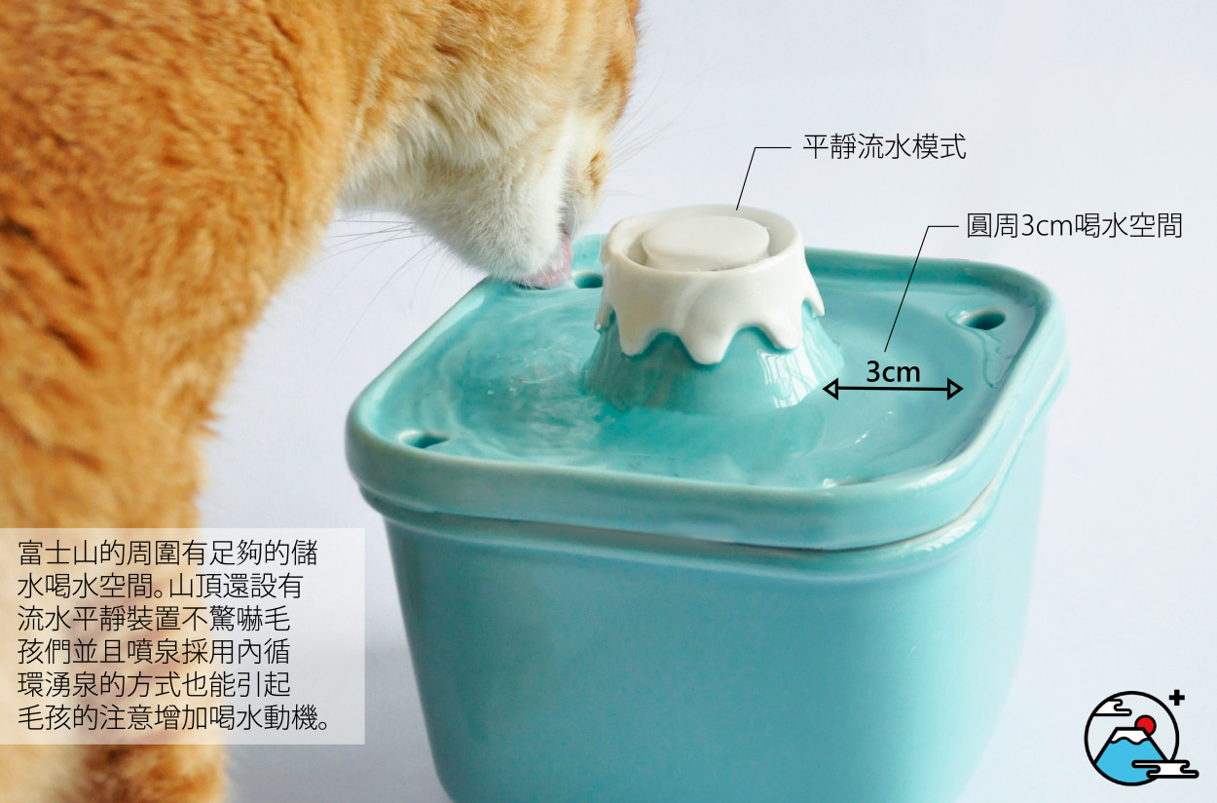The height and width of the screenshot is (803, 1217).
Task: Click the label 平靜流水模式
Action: tap(884, 147)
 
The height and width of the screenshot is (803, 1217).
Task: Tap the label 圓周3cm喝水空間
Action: tap(1074, 226)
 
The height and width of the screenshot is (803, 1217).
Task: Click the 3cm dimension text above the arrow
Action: tap(893, 372)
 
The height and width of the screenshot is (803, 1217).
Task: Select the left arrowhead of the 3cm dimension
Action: tap(830, 389)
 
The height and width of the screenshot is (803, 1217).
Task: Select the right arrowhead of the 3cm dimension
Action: tap(954, 389)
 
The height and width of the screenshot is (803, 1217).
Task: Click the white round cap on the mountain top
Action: tap(705, 241)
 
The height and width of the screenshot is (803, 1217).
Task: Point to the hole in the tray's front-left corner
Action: tap(424, 439)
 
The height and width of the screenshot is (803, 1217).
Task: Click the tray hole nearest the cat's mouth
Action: tap(588, 281)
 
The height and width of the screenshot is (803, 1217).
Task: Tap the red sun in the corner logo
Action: tap(1146, 725)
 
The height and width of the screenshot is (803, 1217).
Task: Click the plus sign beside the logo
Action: tap(1177, 698)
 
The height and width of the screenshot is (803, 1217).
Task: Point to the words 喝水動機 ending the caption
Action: tap(264, 718)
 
